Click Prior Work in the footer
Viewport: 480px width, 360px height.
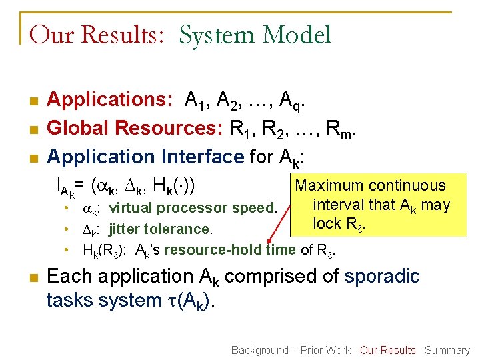(321, 350)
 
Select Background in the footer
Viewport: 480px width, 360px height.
(259, 350)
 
